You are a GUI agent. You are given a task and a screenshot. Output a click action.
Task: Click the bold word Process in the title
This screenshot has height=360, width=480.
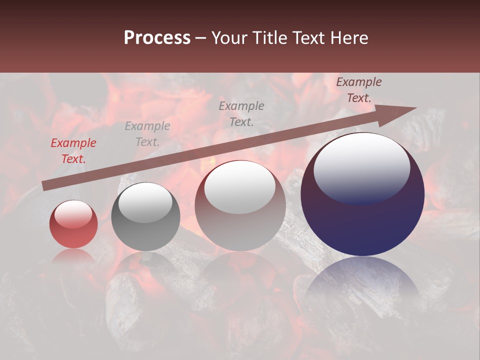pyautogui.click(x=157, y=38)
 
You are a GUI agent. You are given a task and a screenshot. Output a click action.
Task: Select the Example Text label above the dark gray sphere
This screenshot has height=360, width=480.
pyautogui.click(x=147, y=134)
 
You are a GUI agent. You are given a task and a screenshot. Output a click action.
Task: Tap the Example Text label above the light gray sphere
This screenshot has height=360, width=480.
pyautogui.click(x=241, y=113)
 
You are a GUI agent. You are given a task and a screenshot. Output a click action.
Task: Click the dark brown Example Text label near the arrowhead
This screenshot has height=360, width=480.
pyautogui.click(x=359, y=90)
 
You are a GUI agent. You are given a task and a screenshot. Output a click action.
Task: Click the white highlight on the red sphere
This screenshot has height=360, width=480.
pyautogui.click(x=73, y=214)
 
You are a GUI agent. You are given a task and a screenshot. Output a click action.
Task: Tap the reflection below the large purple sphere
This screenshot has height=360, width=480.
pyautogui.click(x=362, y=280)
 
